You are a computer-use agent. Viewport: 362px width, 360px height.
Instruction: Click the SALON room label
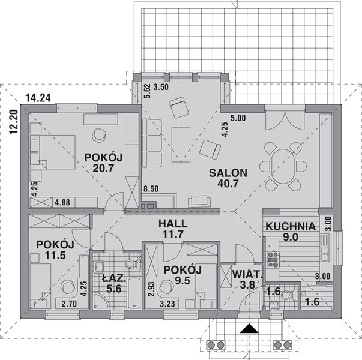click(228, 173)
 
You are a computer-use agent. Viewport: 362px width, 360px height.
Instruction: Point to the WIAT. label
click(246, 275)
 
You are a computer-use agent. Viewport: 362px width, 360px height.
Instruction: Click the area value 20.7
click(104, 169)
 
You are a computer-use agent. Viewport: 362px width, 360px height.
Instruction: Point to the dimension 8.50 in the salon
click(151, 189)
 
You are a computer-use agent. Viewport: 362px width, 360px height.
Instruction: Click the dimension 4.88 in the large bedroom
click(62, 202)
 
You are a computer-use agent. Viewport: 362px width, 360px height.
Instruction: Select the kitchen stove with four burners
click(274, 259)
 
